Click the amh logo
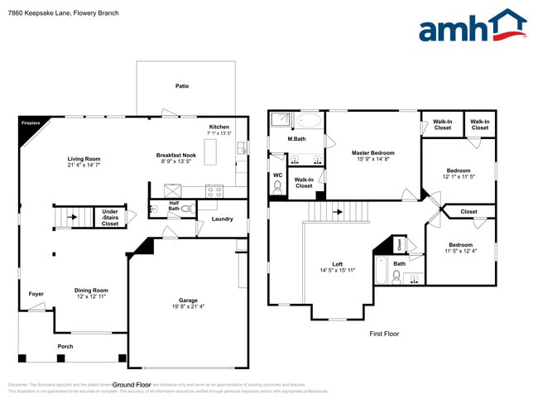click(x=472, y=26)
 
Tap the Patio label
click(x=182, y=85)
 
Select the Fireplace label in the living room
click(x=30, y=123)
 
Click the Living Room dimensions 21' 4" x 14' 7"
click(x=84, y=166)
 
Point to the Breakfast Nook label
click(x=176, y=155)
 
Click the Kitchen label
click(x=219, y=127)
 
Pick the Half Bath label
click(x=174, y=205)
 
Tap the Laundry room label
click(x=222, y=219)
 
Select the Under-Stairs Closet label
click(x=109, y=218)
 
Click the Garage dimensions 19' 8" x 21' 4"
click(x=189, y=306)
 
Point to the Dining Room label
click(x=91, y=290)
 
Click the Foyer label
click(x=36, y=293)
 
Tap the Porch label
click(x=65, y=346)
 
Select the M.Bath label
click(x=296, y=138)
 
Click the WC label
click(x=277, y=175)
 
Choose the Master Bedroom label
click(x=372, y=152)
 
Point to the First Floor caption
click(x=384, y=334)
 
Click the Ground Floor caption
click(x=132, y=385)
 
